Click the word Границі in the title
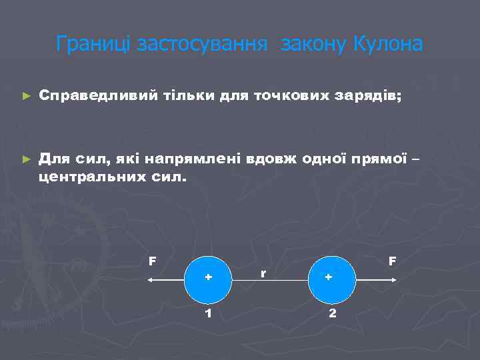click(93, 44)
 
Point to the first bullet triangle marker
click(26, 96)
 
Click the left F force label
click(153, 261)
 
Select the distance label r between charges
click(263, 273)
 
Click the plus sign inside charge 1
click(209, 277)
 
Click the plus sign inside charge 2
click(328, 277)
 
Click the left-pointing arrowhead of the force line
click(151, 281)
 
